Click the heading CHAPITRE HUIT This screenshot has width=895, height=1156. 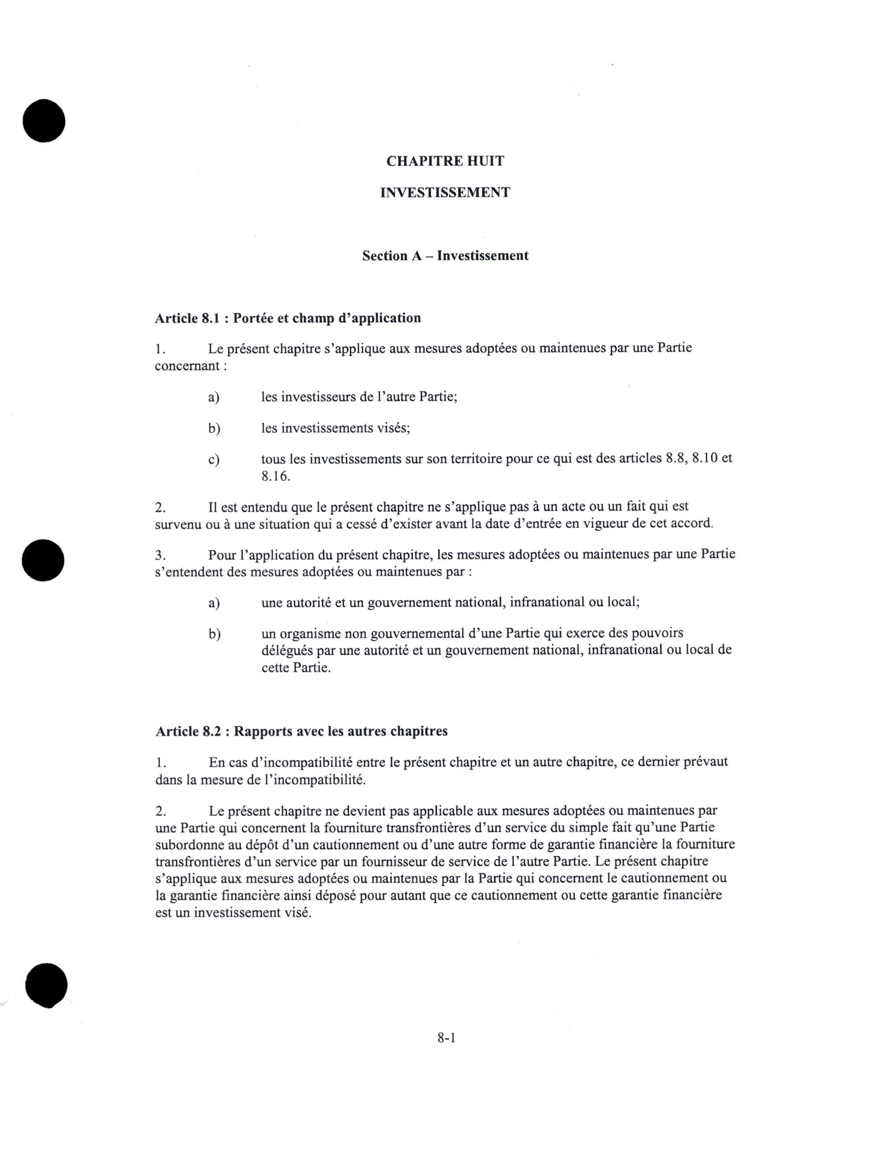click(445, 161)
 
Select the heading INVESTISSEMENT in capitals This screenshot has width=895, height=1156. click(445, 193)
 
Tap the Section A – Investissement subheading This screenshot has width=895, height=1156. click(445, 255)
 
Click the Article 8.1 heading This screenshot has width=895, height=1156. click(287, 318)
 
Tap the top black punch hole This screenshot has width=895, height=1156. click(44, 121)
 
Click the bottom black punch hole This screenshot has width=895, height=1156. click(46, 986)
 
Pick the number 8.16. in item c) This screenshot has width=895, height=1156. click(276, 476)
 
